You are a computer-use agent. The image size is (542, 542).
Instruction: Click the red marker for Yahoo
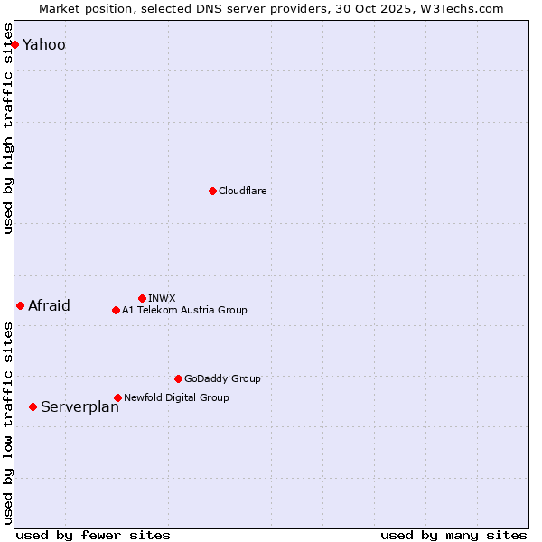tap(14, 44)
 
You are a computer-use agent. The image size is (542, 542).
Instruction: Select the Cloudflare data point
tap(212, 191)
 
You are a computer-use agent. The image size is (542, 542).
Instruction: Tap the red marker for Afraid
tap(20, 305)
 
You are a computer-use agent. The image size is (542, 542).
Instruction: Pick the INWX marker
tap(142, 298)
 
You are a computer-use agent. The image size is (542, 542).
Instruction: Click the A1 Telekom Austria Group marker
tap(116, 310)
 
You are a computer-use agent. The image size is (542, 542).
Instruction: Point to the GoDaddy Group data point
tap(178, 378)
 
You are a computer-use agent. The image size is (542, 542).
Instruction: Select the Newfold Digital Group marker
tap(117, 397)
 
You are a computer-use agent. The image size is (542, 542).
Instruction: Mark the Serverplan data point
tap(33, 406)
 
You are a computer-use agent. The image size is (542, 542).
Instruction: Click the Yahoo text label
tap(43, 44)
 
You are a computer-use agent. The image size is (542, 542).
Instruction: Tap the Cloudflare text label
tap(242, 191)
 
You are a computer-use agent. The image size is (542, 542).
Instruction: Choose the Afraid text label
tap(49, 305)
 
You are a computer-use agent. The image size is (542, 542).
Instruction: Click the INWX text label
tap(162, 298)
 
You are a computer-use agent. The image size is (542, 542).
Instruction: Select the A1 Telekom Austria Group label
tap(184, 310)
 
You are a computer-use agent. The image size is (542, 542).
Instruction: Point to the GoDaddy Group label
tap(222, 378)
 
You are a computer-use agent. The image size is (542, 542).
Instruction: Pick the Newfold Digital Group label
tap(176, 397)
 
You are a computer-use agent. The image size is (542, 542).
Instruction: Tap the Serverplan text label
tap(79, 406)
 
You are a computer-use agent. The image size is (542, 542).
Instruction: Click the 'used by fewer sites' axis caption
tap(93, 535)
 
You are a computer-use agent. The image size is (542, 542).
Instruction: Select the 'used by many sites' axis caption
tap(453, 535)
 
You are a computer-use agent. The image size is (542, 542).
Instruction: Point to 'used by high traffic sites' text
tap(9, 128)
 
